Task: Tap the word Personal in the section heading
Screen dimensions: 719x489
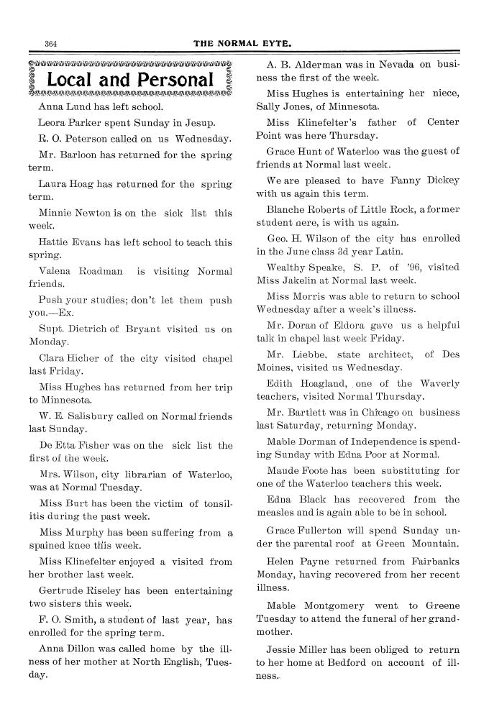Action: pyautogui.click(x=170, y=80)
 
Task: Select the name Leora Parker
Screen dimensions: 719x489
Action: pyautogui.click(x=70, y=122)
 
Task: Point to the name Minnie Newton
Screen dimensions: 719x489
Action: pyautogui.click(x=70, y=213)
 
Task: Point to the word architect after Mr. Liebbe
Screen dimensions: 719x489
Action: pyautogui.click(x=388, y=353)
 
